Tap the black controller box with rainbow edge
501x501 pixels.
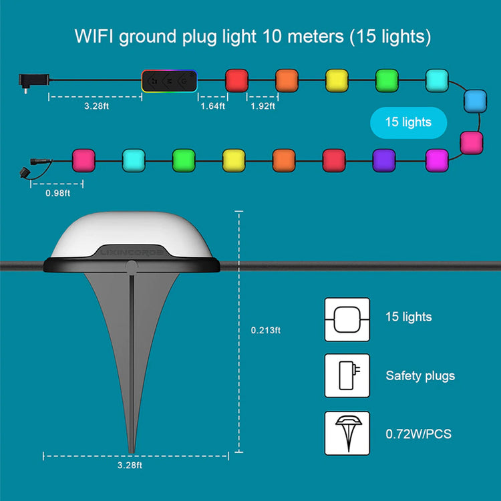pos(168,81)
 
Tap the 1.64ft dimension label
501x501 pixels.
pos(212,106)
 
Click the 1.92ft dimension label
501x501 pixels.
pos(263,106)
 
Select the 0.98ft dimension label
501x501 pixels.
pos(57,194)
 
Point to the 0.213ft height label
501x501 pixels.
pos(266,330)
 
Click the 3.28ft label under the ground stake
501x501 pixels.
pos(130,466)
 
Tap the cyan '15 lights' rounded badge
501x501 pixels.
pos(407,122)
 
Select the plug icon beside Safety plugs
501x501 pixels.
pos(347,375)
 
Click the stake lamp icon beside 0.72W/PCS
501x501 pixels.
pos(347,433)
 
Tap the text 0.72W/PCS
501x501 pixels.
pos(418,434)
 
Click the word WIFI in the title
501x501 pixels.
pos(93,37)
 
